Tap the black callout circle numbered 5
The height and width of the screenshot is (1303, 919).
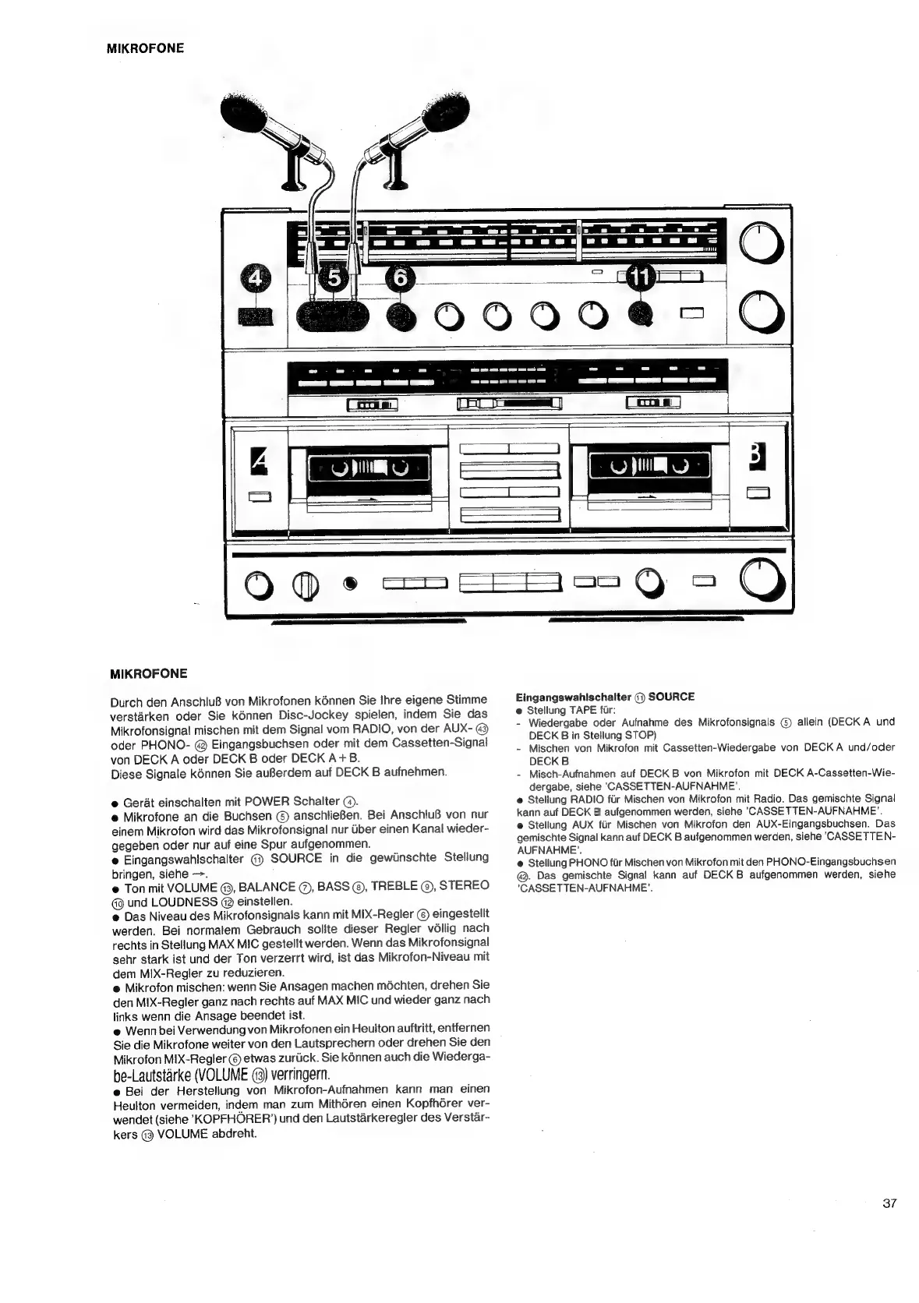pos(332,279)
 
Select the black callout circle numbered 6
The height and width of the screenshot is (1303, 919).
pos(400,279)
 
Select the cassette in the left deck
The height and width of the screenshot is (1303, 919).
pos(369,471)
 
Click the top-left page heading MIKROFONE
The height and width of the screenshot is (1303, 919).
pos(146,48)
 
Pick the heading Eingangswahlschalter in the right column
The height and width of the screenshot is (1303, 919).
pos(573,696)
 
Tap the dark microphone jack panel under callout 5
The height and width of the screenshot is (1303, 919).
pos(332,316)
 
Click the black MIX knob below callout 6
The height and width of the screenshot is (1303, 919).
pos(400,316)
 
